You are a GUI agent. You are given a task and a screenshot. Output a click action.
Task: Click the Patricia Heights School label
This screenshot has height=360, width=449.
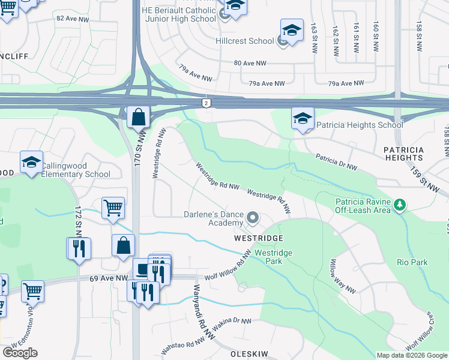[360, 125]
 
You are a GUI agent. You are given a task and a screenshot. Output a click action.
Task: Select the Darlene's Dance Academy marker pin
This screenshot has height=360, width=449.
[253, 219]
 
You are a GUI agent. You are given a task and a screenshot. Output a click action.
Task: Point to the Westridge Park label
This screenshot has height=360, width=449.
[273, 257]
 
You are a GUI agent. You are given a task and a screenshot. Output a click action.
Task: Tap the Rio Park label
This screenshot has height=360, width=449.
[412, 262]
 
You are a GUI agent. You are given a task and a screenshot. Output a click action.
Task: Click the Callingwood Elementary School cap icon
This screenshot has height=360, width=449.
[31, 162]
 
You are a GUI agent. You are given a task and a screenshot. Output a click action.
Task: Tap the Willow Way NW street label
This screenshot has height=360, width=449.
[342, 276]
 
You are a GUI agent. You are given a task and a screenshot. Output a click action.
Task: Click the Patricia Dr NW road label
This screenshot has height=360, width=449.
[337, 162]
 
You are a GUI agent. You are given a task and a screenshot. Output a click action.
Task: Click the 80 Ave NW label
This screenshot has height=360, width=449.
[250, 63]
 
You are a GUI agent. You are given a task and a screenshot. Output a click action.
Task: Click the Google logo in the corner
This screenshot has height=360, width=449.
[20, 353]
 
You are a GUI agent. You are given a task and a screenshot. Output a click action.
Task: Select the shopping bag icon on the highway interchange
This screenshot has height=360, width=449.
[138, 117]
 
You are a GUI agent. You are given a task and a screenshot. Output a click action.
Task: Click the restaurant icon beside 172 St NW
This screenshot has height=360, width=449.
[79, 248]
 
